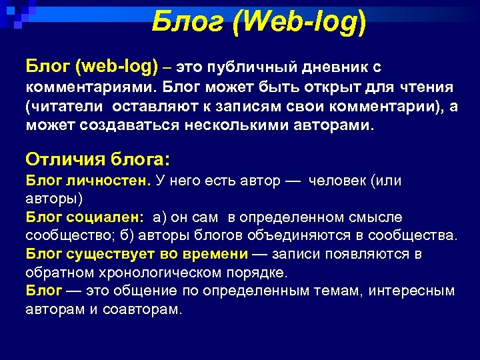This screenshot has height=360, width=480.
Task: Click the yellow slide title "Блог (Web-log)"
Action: coord(258,22)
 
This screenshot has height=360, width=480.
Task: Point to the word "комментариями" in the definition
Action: coord(89,87)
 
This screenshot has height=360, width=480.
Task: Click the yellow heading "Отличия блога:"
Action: coord(98,159)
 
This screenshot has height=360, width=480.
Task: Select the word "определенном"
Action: coord(290,217)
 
